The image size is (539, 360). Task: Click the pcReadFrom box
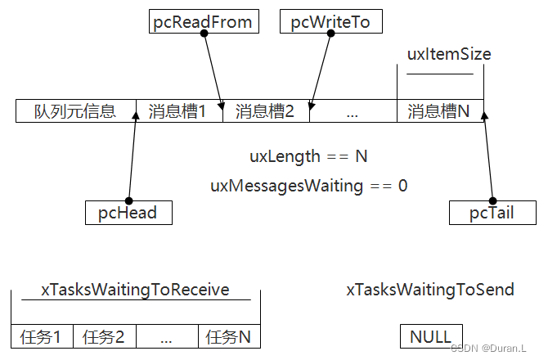pos(204,22)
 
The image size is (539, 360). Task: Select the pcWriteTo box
pos(330,22)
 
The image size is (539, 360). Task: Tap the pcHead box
pos(128,214)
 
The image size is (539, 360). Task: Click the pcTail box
pos(492,214)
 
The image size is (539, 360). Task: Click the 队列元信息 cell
pos(75,111)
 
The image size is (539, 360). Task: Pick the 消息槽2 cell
pos(266,111)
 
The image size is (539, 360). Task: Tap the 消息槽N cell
pos(439,111)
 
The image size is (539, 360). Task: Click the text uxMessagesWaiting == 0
pos(308,186)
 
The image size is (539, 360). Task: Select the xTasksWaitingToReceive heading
pos(135,290)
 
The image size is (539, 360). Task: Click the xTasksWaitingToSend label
pos(430,290)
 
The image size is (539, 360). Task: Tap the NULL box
pos(431,336)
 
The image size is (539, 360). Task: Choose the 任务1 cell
pos(43,336)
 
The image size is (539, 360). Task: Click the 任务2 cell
pos(105,336)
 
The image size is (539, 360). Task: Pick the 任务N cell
pos(228,336)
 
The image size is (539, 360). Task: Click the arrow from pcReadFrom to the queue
pos(213,70)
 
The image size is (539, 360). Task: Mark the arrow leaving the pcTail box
pos(487,155)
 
